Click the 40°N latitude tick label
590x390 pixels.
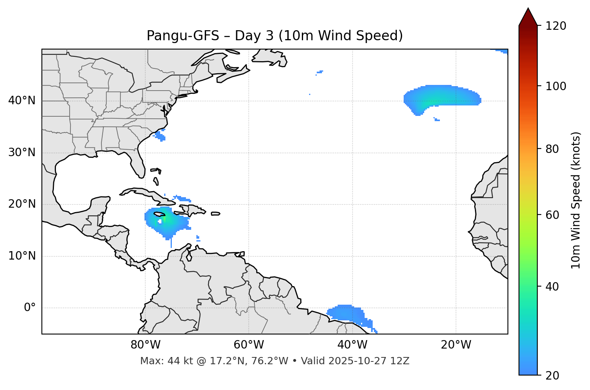click(22, 101)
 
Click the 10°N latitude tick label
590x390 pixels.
click(22, 256)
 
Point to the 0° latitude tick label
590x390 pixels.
click(30, 308)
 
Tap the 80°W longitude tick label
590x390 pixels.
click(145, 345)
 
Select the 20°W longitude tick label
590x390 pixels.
click(456, 345)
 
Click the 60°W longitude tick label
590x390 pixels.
click(249, 345)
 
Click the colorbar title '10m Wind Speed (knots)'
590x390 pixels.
click(576, 200)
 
